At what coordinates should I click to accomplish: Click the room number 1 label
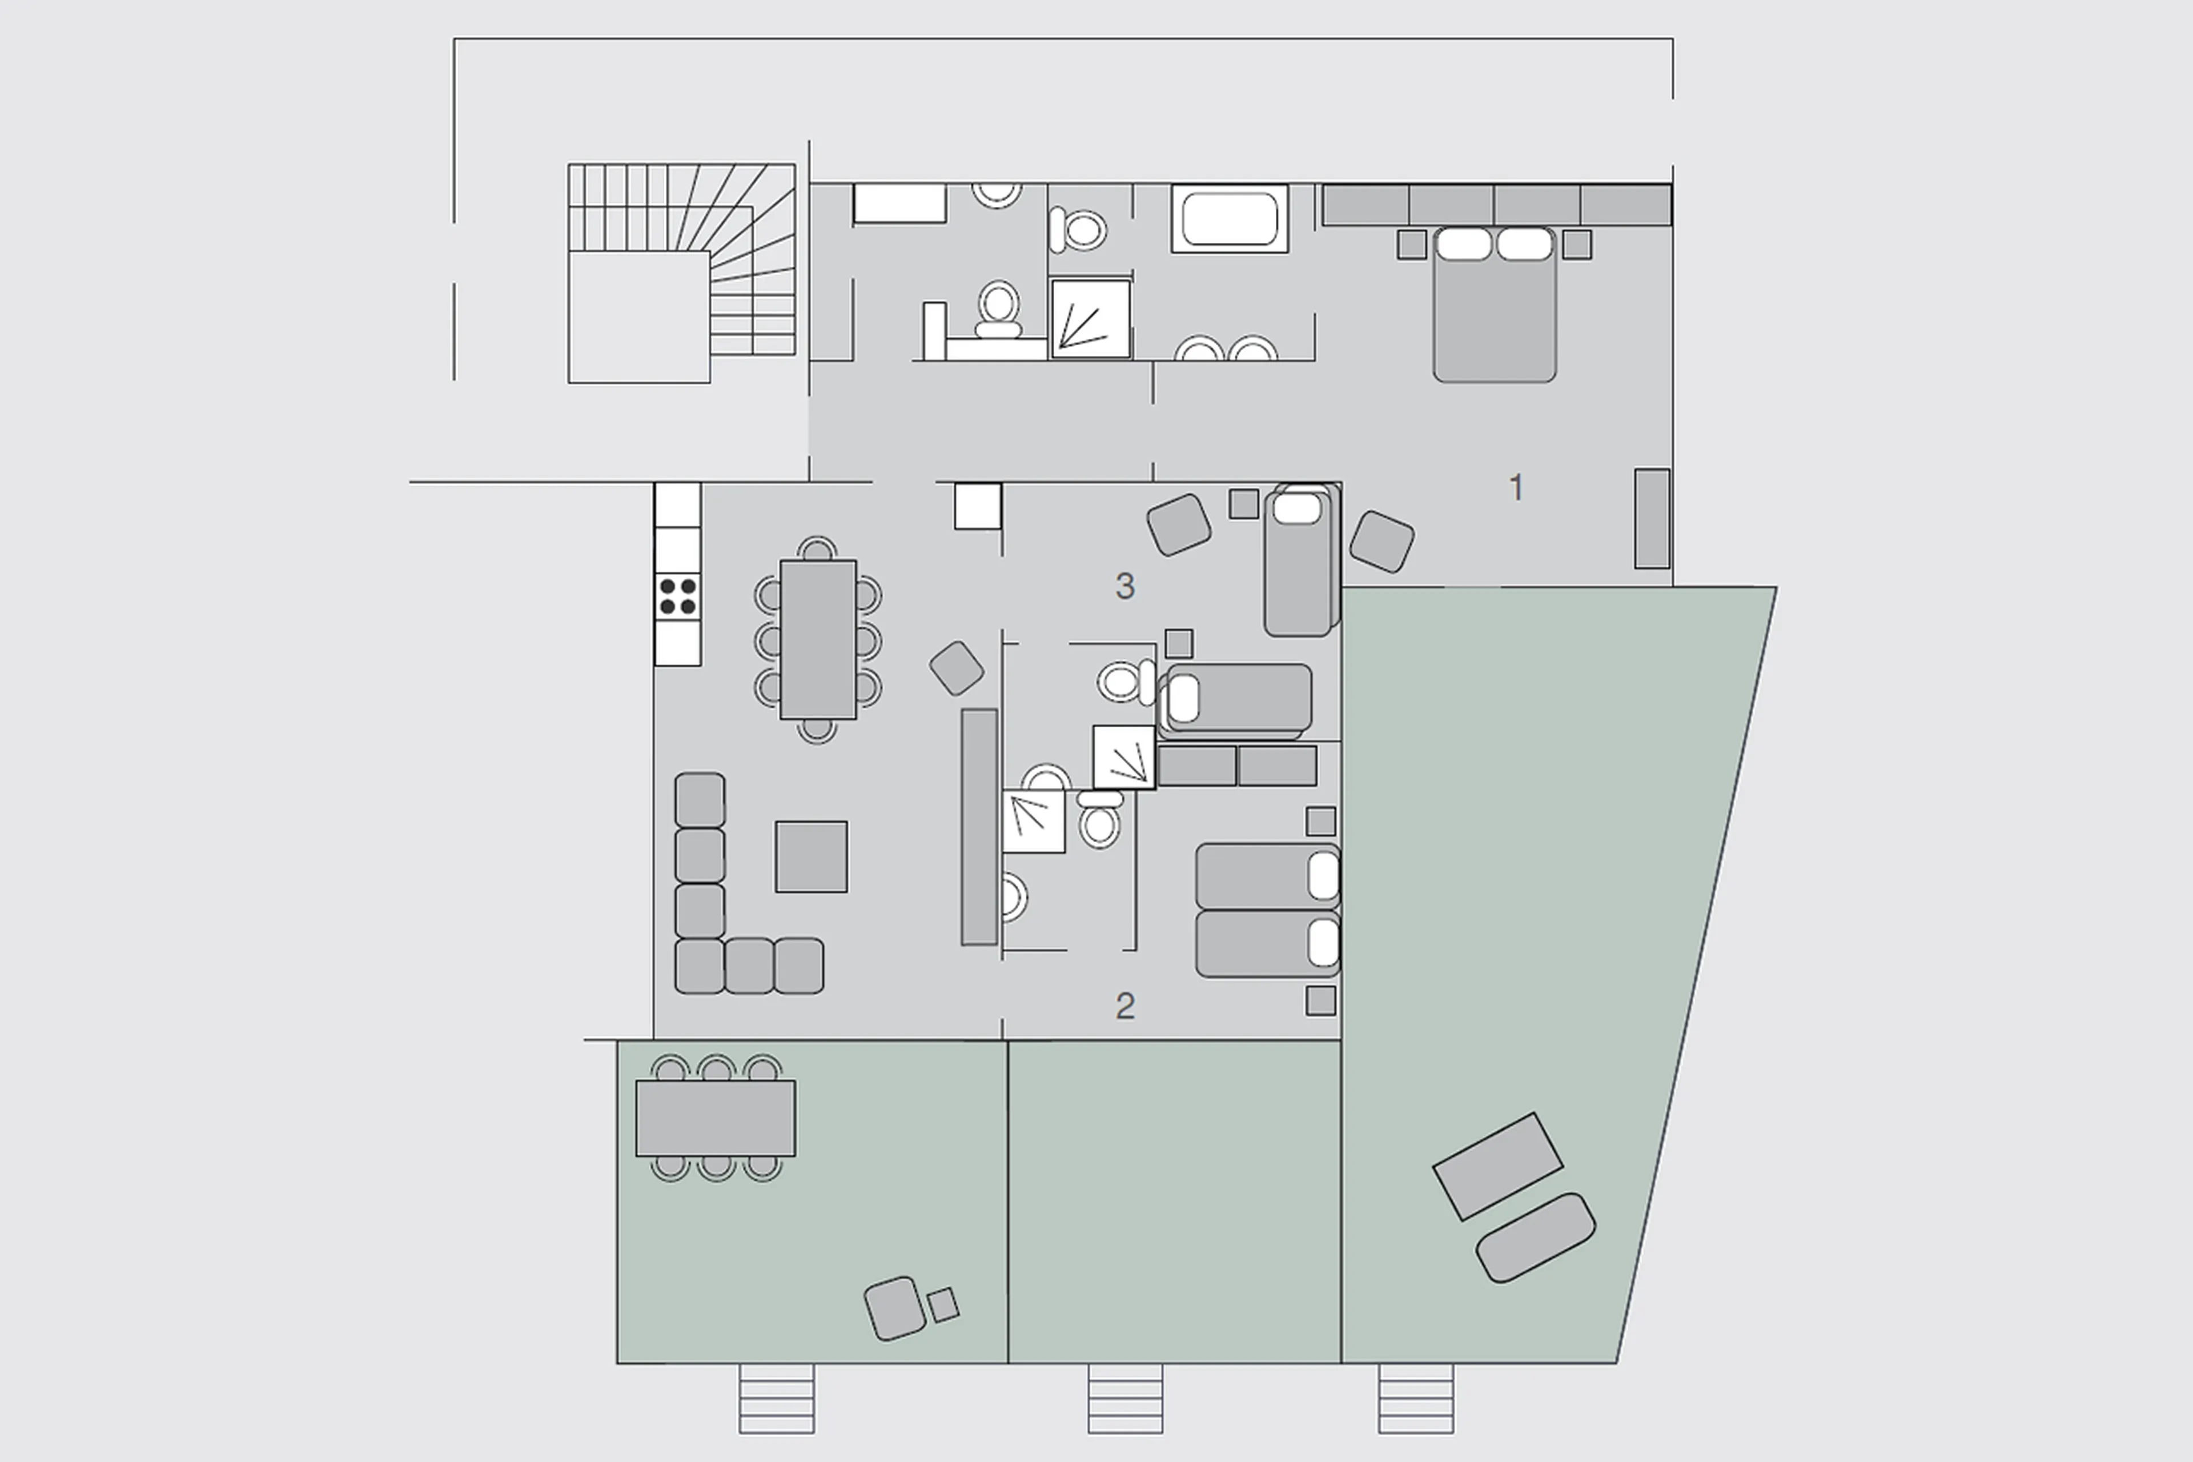[1516, 487]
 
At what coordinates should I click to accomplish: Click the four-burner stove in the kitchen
[677, 596]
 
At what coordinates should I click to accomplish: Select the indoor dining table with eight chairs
[817, 640]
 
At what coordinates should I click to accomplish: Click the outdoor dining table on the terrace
[715, 1118]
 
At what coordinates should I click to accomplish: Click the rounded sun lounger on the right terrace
[1535, 1238]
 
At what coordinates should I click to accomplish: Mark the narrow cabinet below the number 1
[1652, 518]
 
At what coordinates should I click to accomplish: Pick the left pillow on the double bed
[1464, 245]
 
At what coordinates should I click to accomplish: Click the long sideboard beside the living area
[979, 826]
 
